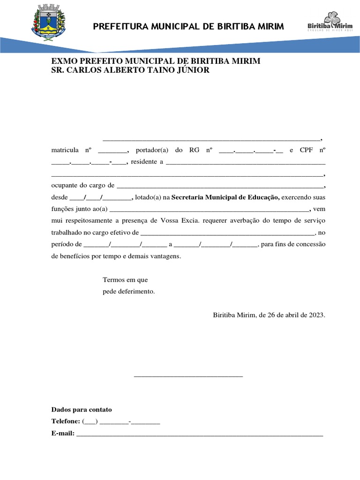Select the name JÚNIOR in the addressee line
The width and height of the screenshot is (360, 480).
click(x=190, y=70)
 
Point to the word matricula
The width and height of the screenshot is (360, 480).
click(x=65, y=150)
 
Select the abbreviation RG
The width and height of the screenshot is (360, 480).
click(x=195, y=150)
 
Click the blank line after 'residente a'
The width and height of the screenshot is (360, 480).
click(x=246, y=163)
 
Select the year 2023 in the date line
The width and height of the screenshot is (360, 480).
click(x=315, y=315)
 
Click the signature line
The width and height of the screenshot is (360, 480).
click(x=188, y=376)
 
